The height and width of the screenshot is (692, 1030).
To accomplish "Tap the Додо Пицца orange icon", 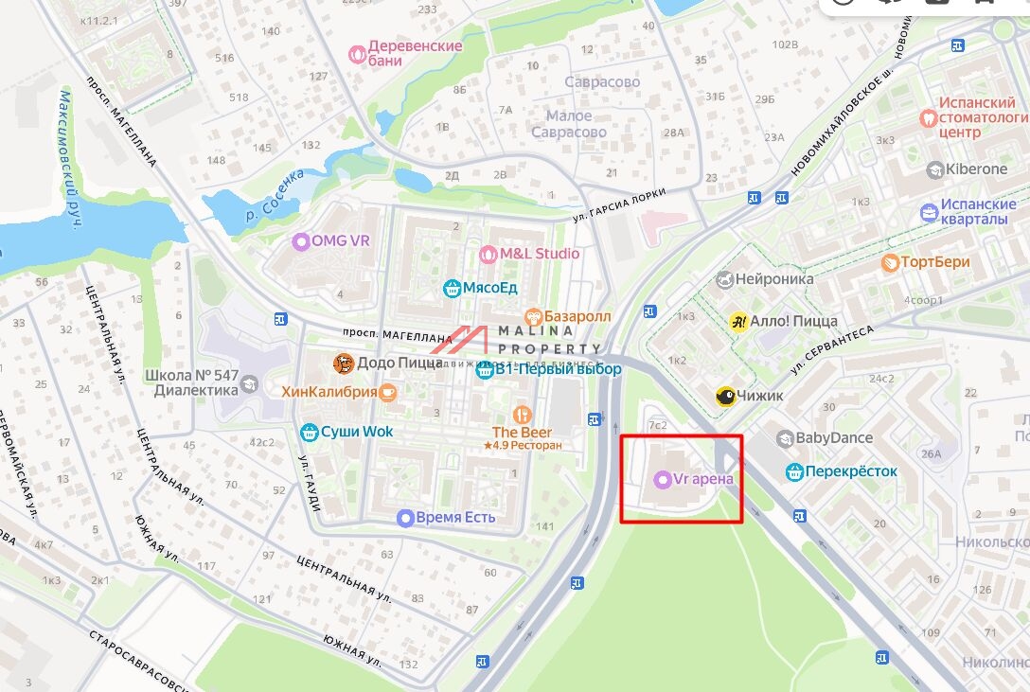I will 344,364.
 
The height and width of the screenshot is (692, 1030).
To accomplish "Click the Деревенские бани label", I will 415,53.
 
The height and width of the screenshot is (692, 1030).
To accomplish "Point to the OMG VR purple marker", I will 301,241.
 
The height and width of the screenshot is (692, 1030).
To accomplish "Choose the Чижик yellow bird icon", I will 726,397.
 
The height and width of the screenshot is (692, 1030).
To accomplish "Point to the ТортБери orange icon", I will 890,262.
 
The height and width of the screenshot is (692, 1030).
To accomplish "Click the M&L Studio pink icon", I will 488,254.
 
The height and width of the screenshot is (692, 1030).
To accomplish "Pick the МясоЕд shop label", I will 490,288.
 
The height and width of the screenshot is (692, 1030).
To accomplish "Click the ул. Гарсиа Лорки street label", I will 619,205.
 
